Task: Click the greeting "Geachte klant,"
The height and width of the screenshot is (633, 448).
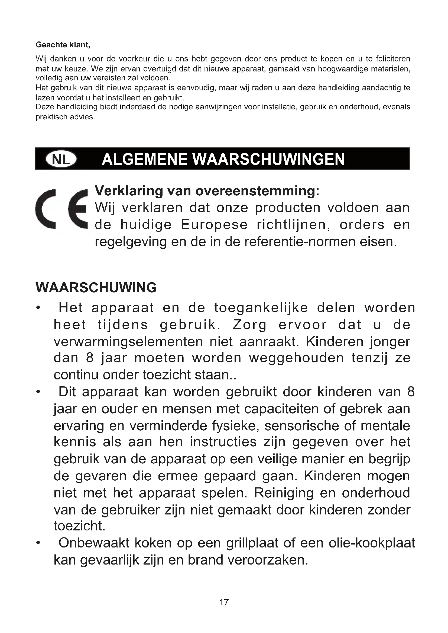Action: coord(63,45)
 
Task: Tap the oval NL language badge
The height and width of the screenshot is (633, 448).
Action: coord(61,159)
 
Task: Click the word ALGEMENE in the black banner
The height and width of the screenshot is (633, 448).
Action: coord(145,159)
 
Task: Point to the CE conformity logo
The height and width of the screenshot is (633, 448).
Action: coord(61,209)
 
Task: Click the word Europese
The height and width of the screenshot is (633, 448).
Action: coord(214,225)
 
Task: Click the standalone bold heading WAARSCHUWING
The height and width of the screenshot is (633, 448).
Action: coord(96,288)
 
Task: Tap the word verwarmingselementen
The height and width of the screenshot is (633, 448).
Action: coord(128,342)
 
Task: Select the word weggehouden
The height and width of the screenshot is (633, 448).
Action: coord(296,358)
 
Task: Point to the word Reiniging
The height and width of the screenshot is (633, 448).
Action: coord(283,493)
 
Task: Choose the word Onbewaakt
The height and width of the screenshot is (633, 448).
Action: coord(94,543)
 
